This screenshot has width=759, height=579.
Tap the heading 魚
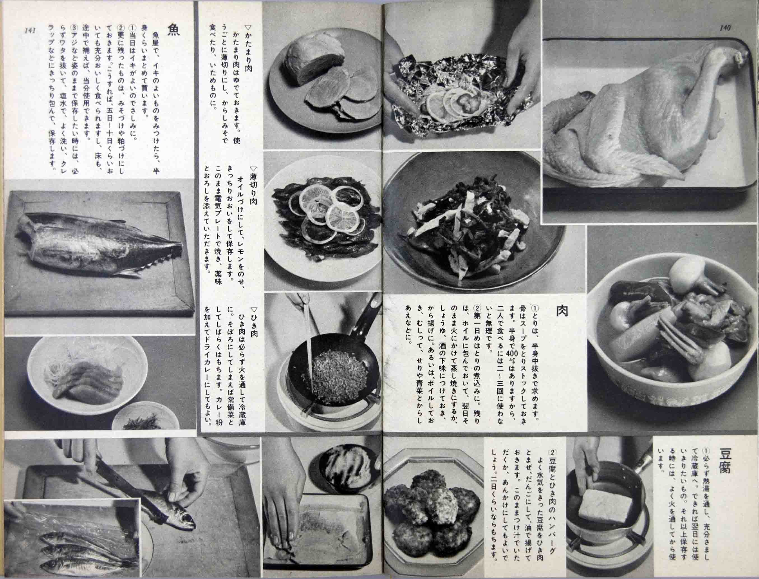[173, 30]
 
